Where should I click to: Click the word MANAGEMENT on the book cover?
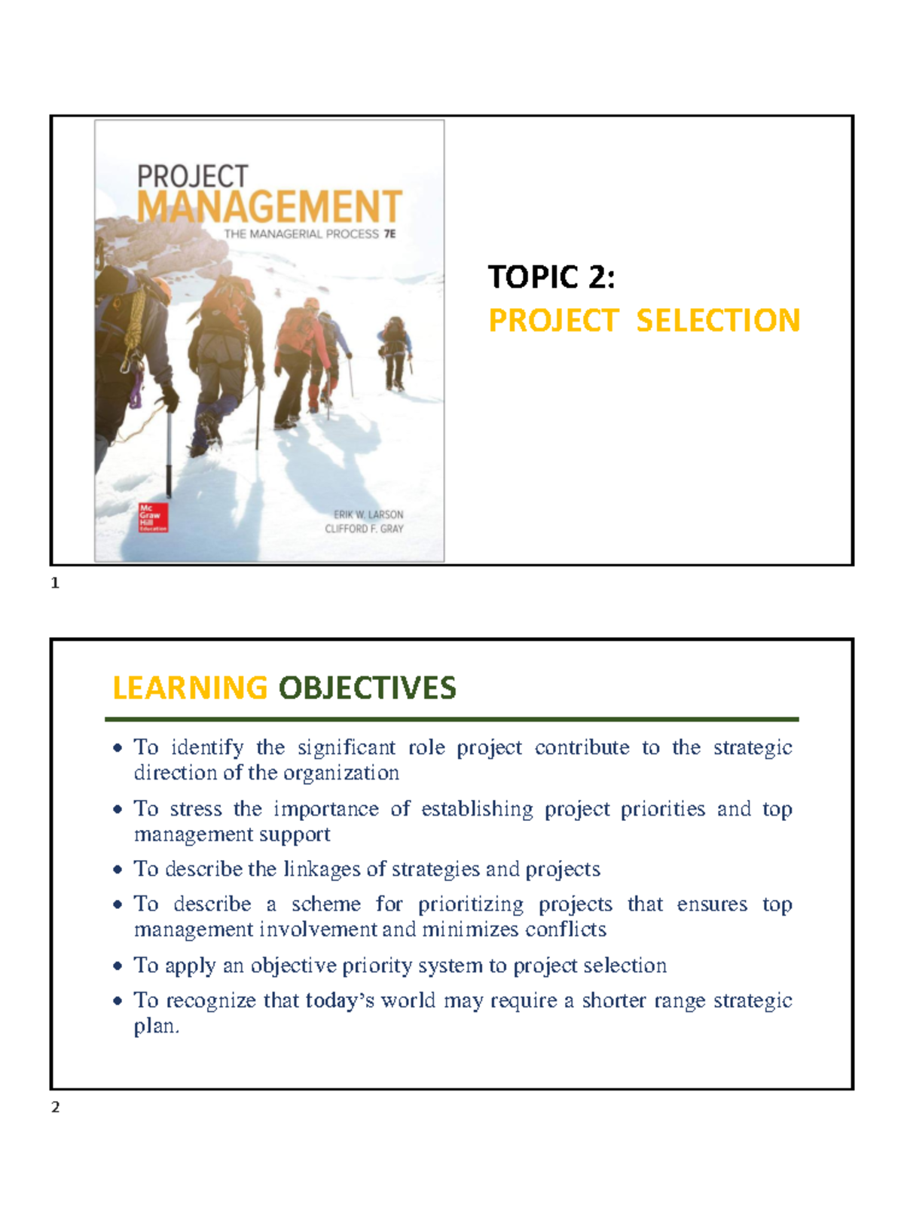coord(269,206)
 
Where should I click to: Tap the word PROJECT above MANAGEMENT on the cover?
coord(192,176)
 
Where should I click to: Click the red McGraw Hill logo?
coord(152,517)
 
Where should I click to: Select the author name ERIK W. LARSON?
coord(368,514)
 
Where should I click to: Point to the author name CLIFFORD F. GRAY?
coord(364,529)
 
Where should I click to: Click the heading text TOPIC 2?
coord(551,277)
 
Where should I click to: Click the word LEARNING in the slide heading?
coord(190,688)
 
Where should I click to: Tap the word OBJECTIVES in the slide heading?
coord(367,688)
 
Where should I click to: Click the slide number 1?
coord(55,583)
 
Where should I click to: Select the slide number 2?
coord(55,1107)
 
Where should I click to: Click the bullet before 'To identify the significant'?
coord(118,748)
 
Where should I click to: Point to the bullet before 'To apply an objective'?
coord(118,966)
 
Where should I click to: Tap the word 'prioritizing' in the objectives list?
coord(471,904)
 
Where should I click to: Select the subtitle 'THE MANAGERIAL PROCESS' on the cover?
coord(301,234)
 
